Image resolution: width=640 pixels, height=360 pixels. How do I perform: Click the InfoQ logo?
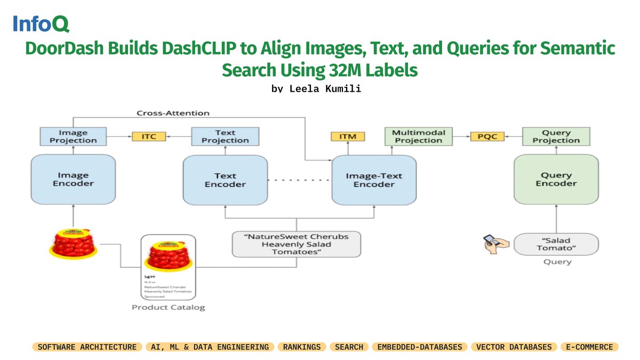coord(41,24)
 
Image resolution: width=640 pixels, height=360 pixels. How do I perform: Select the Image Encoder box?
coord(74,179)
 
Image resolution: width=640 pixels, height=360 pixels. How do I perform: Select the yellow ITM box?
coord(348,137)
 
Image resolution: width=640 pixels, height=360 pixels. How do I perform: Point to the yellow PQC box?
coord(487,137)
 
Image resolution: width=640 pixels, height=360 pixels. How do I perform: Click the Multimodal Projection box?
coord(418,137)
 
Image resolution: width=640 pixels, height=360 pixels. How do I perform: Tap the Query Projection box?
coord(556,137)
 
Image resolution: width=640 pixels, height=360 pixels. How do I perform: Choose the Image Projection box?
coord(74,137)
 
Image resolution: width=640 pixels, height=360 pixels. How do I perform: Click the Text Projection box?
coord(225,137)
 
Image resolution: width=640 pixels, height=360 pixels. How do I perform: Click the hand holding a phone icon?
coord(495,243)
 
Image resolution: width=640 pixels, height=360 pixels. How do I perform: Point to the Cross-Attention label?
coord(173,113)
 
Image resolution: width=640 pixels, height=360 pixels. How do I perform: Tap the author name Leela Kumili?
coord(316,89)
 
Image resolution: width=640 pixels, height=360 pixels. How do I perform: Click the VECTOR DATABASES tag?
coord(513,347)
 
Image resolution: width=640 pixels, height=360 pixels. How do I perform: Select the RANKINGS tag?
coord(302,347)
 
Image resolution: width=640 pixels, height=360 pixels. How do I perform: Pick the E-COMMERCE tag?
coord(589,347)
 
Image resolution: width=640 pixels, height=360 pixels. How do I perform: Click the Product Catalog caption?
coord(168,307)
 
